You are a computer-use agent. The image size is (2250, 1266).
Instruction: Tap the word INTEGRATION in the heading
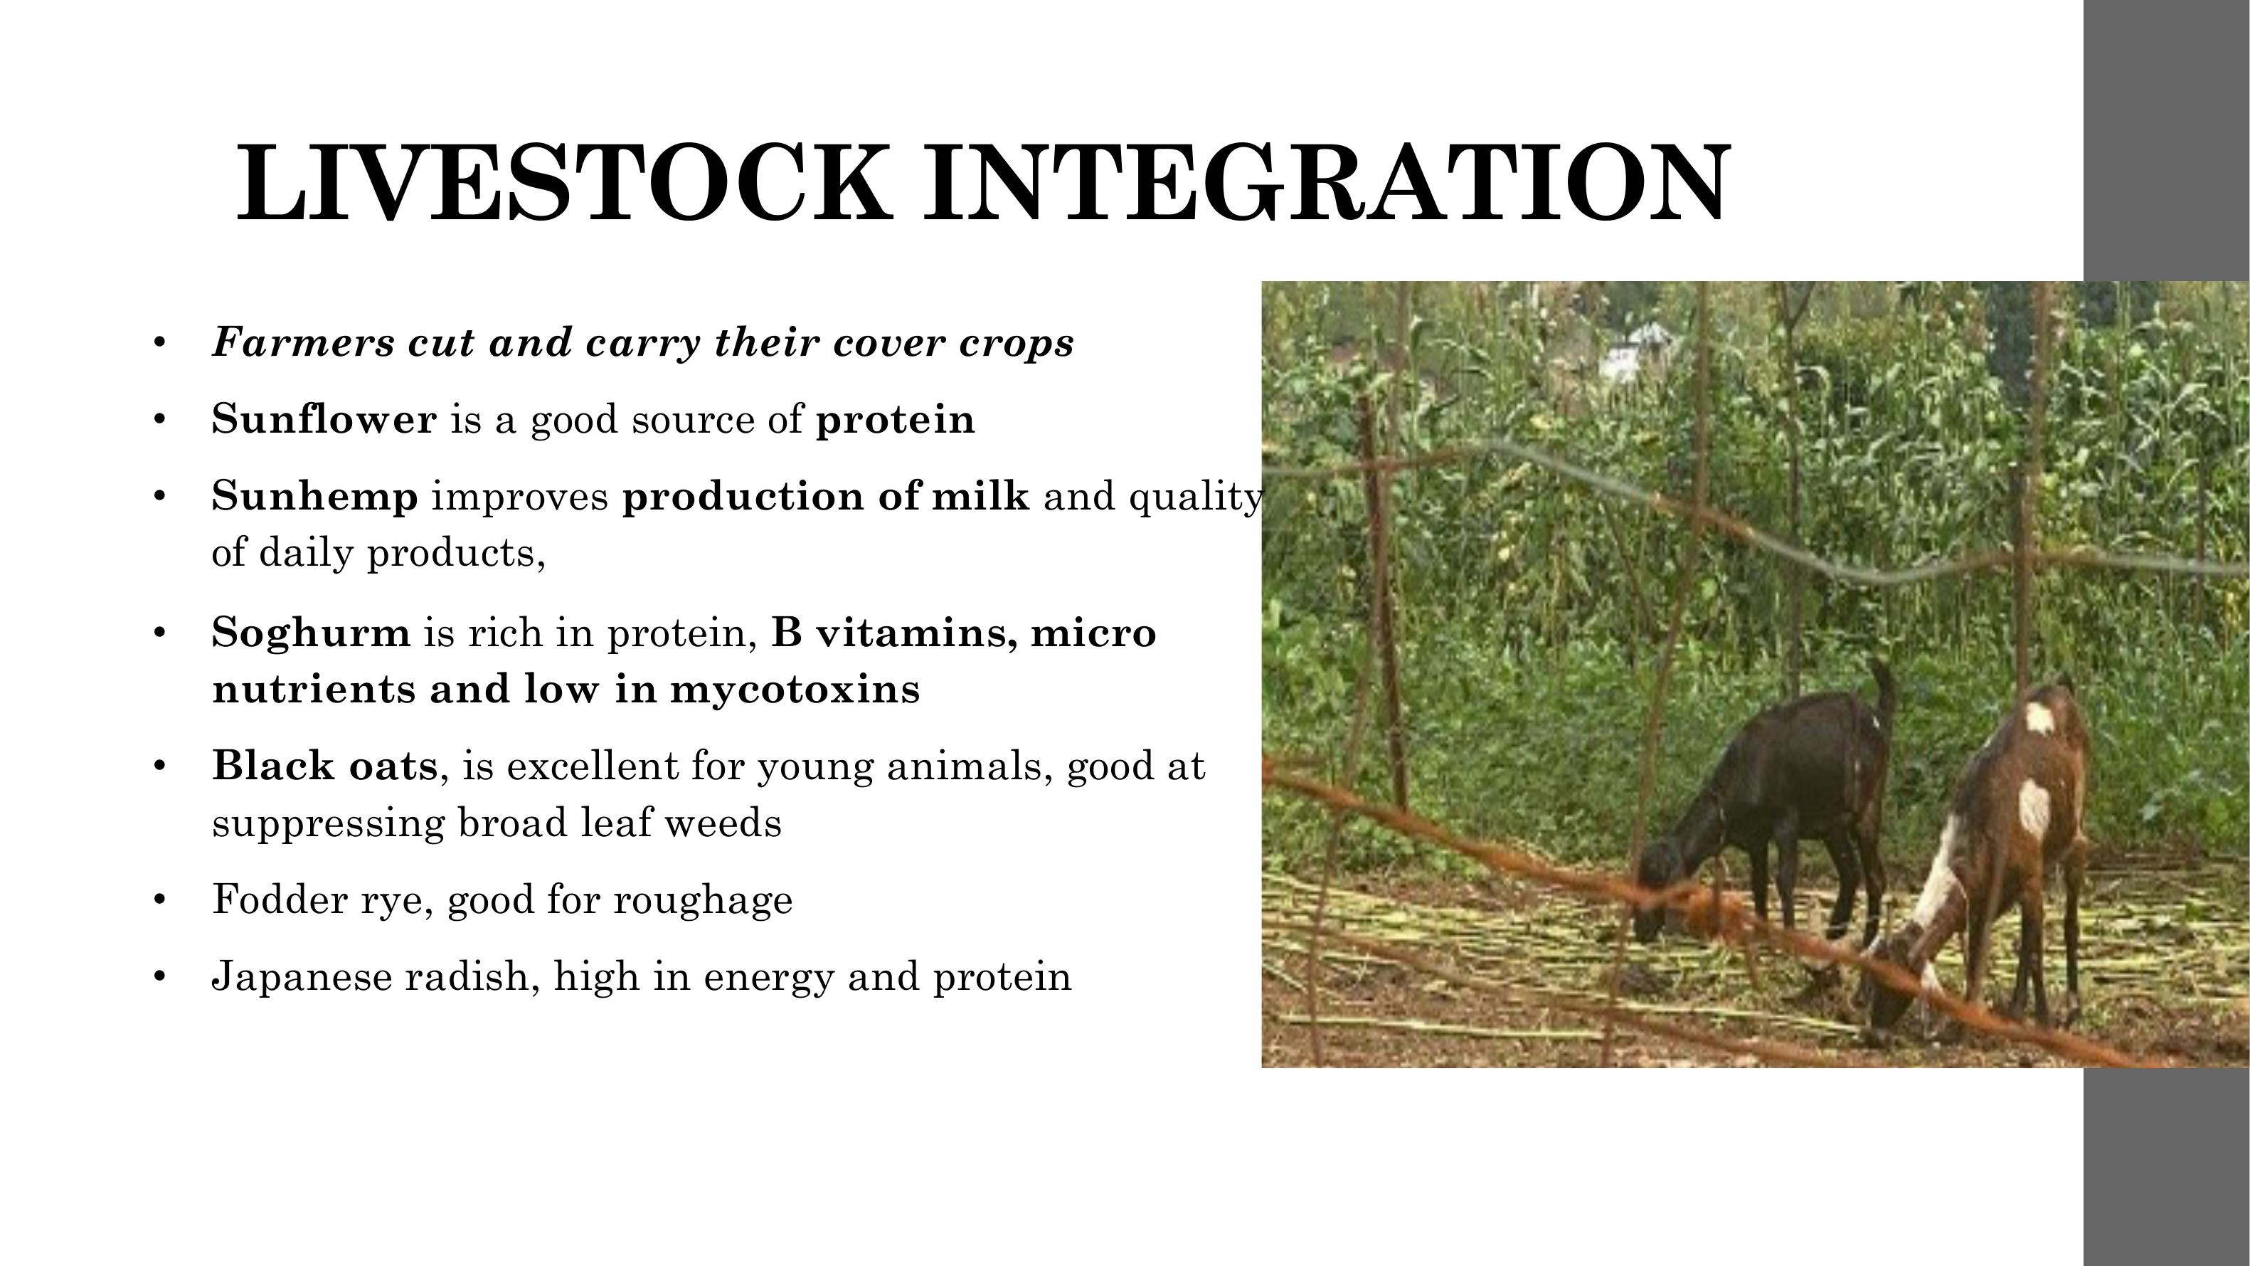[x=1326, y=183]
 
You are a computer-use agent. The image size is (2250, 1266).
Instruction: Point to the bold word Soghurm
[x=311, y=633]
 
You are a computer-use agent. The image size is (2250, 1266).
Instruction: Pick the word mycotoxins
[x=795, y=690]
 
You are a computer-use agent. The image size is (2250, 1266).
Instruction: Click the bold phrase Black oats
[x=325, y=766]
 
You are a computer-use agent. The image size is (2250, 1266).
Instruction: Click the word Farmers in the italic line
[x=303, y=342]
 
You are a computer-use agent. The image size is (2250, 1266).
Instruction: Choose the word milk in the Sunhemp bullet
[x=981, y=496]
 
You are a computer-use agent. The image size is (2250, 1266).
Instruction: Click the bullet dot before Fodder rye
[x=159, y=900]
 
